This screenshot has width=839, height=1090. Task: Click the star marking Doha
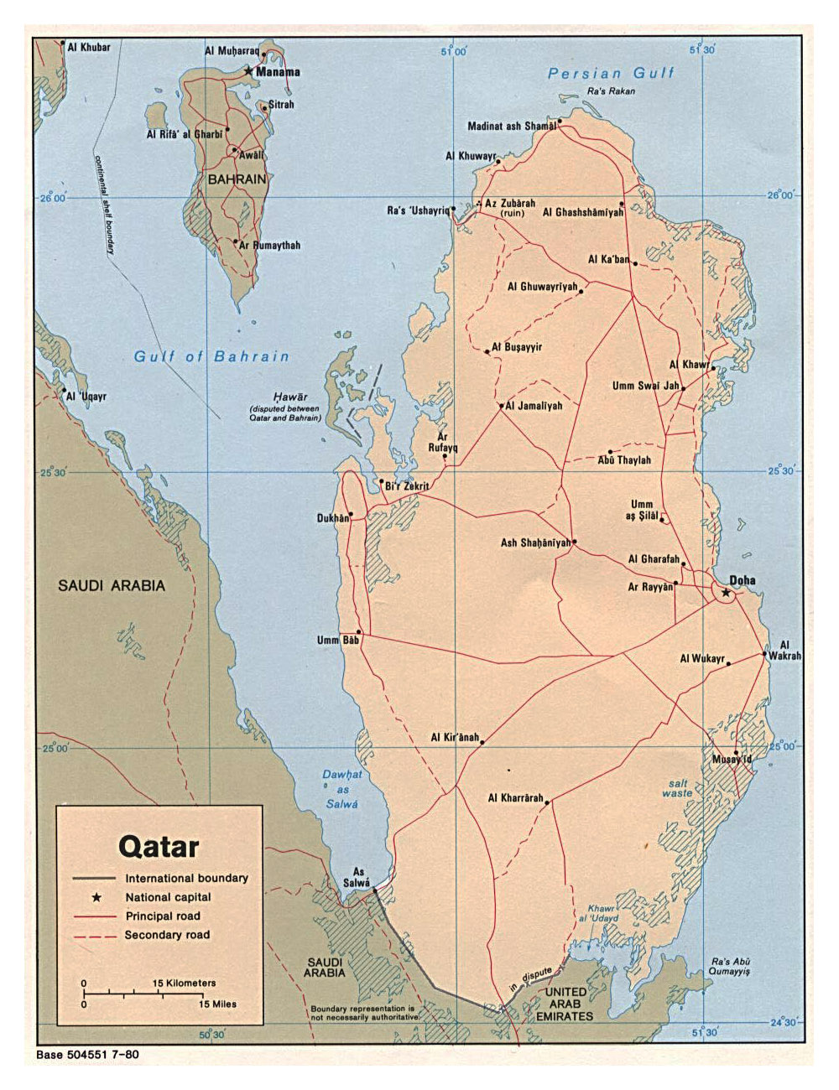726,593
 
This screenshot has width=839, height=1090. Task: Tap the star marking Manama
248,71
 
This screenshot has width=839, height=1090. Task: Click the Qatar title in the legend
159,846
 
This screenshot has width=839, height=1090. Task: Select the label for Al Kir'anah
454,738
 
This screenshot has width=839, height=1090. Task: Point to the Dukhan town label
332,518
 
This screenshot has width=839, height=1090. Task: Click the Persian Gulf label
611,74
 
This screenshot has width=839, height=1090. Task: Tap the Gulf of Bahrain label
211,356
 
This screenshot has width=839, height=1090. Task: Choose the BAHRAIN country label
237,179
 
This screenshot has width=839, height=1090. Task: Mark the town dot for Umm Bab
359,632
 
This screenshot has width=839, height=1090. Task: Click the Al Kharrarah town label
515,798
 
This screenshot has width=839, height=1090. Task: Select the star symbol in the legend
96,897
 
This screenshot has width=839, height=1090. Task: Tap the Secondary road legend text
167,935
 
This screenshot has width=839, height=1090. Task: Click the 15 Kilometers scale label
184,983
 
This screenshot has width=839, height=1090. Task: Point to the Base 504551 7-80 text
87,1055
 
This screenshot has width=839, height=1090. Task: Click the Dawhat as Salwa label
342,789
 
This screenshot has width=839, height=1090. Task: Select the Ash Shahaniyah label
534,543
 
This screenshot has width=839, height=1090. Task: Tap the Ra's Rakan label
611,91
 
